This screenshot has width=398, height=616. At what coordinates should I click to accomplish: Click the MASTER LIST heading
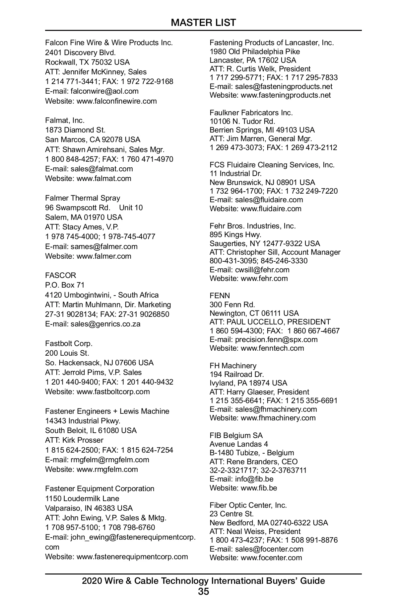203,23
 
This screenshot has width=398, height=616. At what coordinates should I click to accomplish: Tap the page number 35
203,591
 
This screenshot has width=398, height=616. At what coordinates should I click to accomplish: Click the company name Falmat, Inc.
65,120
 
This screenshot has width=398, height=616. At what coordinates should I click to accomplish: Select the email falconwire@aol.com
104,91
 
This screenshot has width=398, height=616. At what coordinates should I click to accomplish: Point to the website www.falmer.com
104,256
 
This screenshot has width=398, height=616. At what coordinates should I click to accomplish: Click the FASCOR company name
61,275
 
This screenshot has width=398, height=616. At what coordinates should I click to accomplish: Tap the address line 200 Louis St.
67,353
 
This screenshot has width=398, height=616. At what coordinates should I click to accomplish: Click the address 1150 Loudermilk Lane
82,498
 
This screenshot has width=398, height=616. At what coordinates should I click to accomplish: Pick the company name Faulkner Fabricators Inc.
251,113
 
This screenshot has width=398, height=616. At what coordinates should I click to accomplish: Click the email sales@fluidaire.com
269,200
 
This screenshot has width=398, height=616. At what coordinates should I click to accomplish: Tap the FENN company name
220,296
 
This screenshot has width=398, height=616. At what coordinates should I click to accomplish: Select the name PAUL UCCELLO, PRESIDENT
279,322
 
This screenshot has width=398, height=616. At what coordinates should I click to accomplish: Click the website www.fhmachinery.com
278,418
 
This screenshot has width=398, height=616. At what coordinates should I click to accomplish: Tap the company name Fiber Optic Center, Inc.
248,505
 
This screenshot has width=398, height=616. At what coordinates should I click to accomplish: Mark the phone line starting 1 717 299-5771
274,77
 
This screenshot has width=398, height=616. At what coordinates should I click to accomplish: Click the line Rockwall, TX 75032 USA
88,62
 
